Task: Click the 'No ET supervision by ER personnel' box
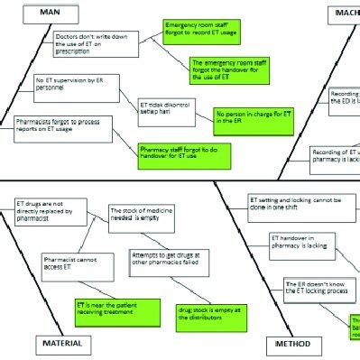coord(63,87)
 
